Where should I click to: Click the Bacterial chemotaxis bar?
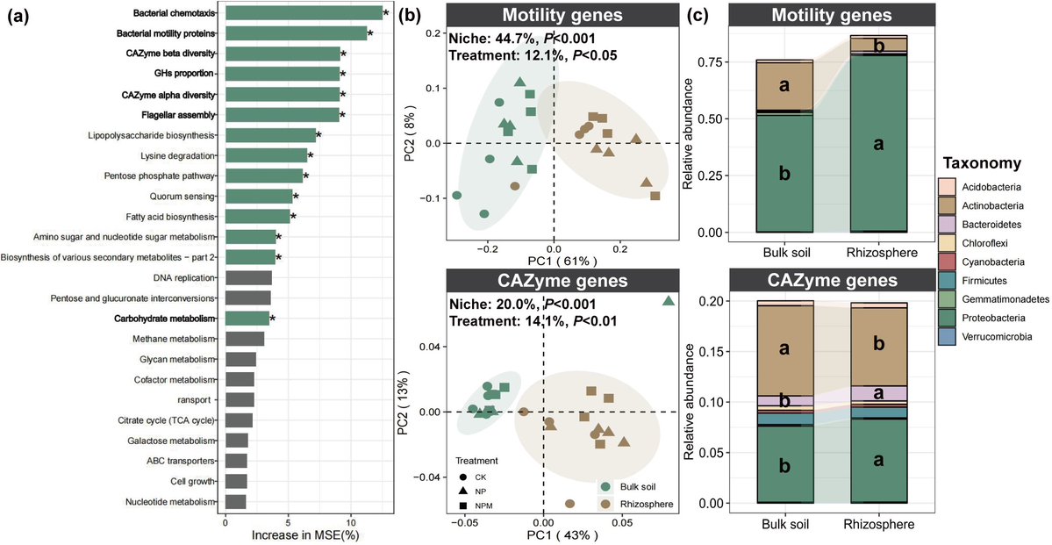(x=304, y=13)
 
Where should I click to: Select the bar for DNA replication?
(x=248, y=278)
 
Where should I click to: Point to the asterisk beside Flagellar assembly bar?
(x=344, y=115)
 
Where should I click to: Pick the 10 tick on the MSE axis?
(x=351, y=519)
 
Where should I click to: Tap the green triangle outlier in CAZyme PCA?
(x=669, y=301)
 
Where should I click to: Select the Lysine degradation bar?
(x=266, y=155)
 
